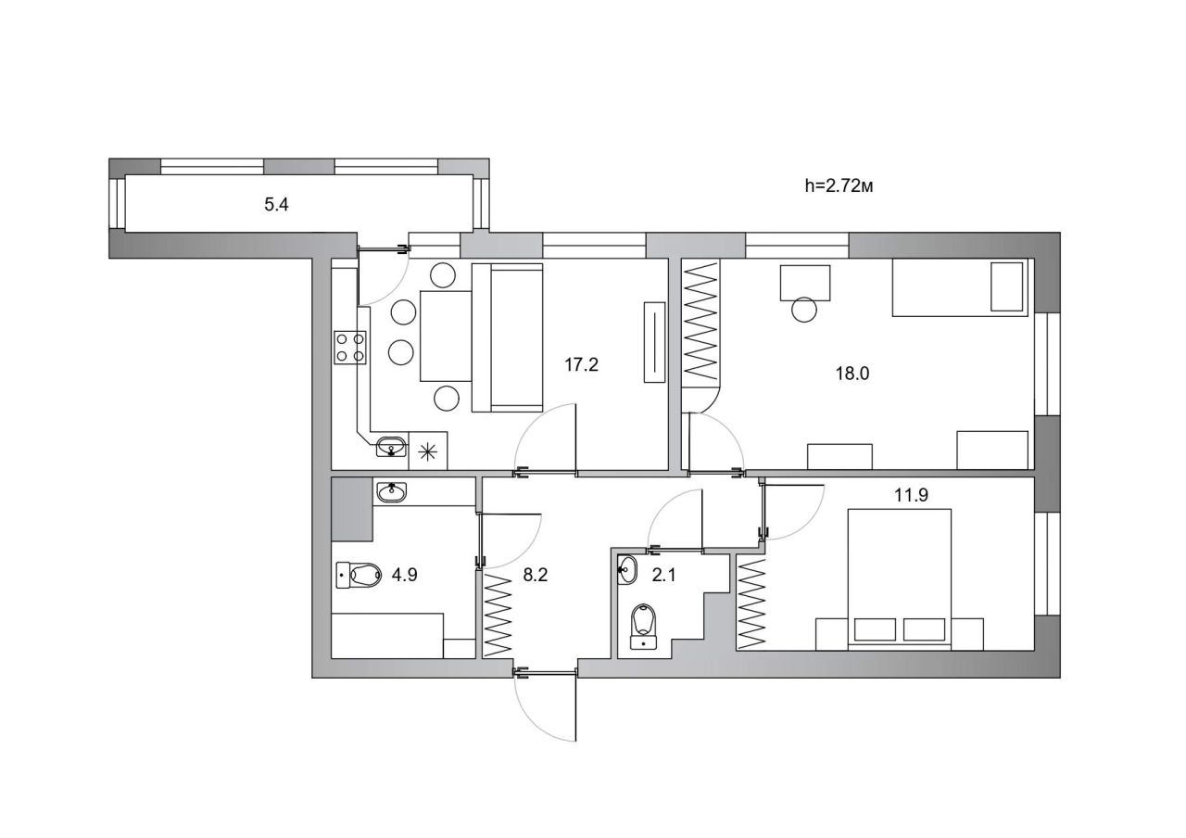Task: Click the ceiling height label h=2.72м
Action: coord(839,186)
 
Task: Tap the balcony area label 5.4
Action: coord(276,205)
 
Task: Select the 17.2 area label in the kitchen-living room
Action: coord(581,364)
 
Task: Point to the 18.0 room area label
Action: coord(852,374)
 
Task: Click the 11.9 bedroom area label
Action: coord(911,495)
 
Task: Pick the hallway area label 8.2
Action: coord(536,575)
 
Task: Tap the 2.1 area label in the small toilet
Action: coord(664,575)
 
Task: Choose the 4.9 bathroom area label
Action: coord(405,575)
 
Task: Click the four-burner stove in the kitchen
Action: coord(350,348)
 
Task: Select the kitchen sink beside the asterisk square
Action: coord(391,446)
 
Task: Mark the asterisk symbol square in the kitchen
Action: coord(428,451)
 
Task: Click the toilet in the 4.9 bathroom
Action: coord(359,575)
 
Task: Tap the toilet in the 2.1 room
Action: coord(643,627)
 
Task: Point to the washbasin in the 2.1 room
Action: coord(627,570)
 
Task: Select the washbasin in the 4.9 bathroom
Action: coord(392,492)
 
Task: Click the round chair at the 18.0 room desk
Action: coord(804,310)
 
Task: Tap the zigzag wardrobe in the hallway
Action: coord(498,615)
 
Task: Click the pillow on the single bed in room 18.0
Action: coord(1006,286)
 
